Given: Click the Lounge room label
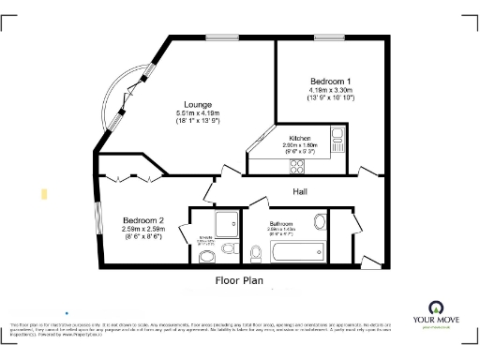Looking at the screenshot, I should [198, 104].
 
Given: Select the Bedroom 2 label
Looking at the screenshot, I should [142, 219].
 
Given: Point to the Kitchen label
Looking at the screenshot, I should [299, 137].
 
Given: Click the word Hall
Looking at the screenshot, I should [301, 191].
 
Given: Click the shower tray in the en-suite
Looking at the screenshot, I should [225, 222].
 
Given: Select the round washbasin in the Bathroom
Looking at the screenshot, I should [320, 222].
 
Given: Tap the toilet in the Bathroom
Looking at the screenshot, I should [256, 251].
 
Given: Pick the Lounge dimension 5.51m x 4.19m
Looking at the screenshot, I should [198, 113].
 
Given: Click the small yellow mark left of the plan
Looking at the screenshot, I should [44, 193].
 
